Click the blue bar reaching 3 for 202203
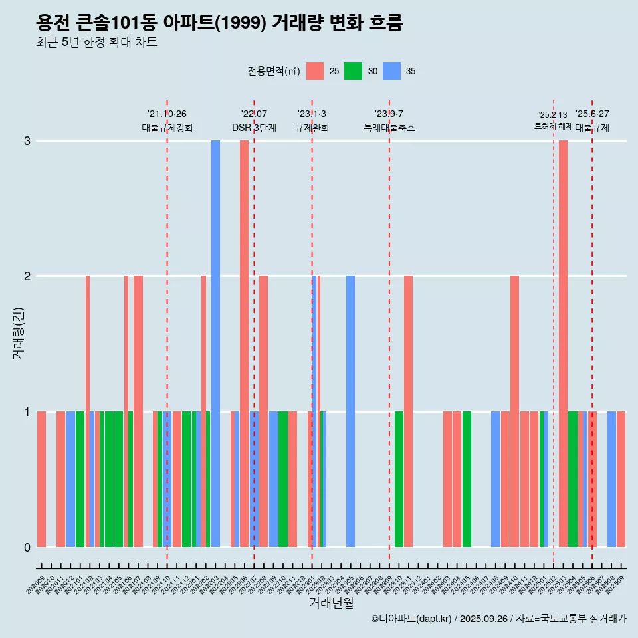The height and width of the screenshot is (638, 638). tap(215, 343)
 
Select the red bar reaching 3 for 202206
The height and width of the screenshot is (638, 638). tap(244, 343)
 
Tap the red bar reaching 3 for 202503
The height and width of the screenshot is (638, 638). tap(563, 343)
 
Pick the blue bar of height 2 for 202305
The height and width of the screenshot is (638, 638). tap(350, 411)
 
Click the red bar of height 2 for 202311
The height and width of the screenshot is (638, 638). tap(408, 411)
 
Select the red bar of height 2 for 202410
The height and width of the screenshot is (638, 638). tap(514, 411)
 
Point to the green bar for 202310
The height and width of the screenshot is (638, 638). tap(399, 478)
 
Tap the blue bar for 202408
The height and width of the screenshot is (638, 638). tap(495, 478)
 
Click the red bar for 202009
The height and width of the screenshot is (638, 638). tap(41, 478)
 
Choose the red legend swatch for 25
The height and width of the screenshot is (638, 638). tap(315, 71)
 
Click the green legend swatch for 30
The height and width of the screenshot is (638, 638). tap(353, 71)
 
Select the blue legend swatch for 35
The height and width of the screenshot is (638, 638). tap(392, 71)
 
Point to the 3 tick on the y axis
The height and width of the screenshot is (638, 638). tap(27, 141)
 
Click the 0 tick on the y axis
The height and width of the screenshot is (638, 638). tap(27, 547)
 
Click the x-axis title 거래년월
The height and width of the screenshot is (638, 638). tap(331, 603)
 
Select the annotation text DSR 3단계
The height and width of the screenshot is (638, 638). tap(254, 128)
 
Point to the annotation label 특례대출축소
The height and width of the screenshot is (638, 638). tap(389, 128)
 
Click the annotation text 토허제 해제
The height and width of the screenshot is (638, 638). tap(553, 126)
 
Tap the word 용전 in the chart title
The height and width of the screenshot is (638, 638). tap(53, 23)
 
